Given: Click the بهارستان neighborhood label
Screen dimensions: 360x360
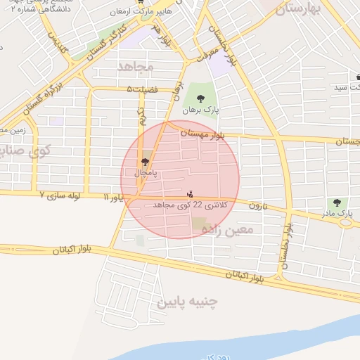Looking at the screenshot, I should pos(298,9).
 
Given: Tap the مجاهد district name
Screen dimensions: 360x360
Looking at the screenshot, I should pos(136,66).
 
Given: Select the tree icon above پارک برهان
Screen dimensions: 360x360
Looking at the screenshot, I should pos(202,98).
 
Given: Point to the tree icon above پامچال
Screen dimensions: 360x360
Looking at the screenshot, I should pos(146,162).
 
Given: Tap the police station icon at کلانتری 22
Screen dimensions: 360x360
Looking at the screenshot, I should pos(189,193).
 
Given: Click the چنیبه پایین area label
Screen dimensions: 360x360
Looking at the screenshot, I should pos(187,302).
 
